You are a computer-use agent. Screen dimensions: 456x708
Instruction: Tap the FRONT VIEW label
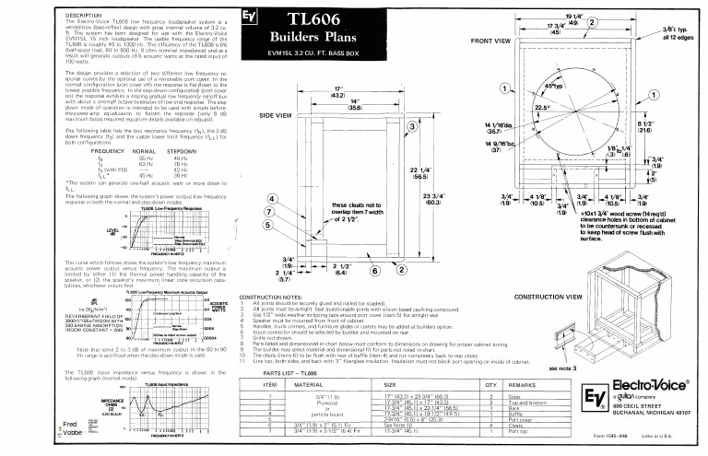(x=491, y=41)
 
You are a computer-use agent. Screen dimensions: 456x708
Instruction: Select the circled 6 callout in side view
(x=375, y=270)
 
